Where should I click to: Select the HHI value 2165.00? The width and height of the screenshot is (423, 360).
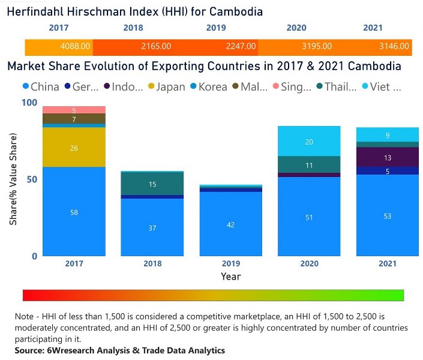pyautogui.click(x=158, y=46)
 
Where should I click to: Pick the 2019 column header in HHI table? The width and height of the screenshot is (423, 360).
pyautogui.click(x=215, y=28)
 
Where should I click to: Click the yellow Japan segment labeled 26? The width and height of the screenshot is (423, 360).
pyautogui.click(x=74, y=147)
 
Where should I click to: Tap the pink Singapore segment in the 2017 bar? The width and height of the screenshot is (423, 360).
pyautogui.click(x=74, y=110)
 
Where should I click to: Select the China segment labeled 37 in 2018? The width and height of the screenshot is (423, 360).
pyautogui.click(x=152, y=228)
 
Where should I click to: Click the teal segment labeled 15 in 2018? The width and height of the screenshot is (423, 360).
pyautogui.click(x=152, y=184)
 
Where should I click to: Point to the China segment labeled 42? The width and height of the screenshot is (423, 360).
pyautogui.click(x=231, y=224)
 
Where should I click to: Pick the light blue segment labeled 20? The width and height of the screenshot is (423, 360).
pyautogui.click(x=310, y=142)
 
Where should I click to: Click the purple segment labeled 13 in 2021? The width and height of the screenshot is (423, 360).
pyautogui.click(x=388, y=157)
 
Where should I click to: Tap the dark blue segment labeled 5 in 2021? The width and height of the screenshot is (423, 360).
pyautogui.click(x=388, y=171)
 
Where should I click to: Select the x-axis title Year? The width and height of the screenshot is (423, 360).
pyautogui.click(x=231, y=277)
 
